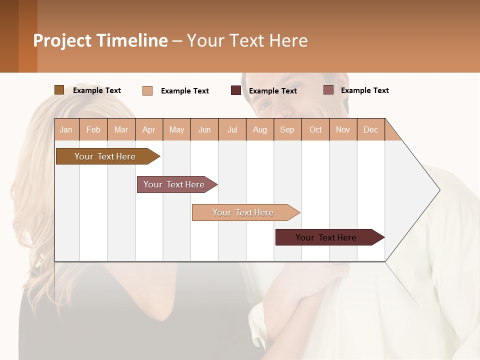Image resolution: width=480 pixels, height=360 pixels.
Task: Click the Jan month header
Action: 66,129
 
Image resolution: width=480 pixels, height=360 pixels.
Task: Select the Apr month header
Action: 148,129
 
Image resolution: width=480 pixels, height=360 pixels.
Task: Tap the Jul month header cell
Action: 232,129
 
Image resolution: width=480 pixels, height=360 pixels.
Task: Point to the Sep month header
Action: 287,129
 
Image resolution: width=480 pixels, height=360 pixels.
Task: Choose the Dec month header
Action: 370,129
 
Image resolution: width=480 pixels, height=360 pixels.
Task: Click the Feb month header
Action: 93,129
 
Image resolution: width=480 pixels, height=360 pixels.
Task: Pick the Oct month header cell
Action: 315,129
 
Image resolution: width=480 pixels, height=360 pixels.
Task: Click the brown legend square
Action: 59,90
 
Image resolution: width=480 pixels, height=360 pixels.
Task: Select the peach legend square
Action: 147,90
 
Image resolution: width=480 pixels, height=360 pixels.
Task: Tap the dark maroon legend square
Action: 235,90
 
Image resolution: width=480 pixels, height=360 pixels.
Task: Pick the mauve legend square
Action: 328,90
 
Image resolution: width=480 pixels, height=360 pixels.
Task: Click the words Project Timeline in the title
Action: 100,40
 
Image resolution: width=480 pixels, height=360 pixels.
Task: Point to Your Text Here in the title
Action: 247,40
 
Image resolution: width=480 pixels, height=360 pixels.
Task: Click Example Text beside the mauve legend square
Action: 364,90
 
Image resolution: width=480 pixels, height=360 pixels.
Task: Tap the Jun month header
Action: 204,129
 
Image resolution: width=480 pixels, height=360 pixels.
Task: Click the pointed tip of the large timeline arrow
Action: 438,190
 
